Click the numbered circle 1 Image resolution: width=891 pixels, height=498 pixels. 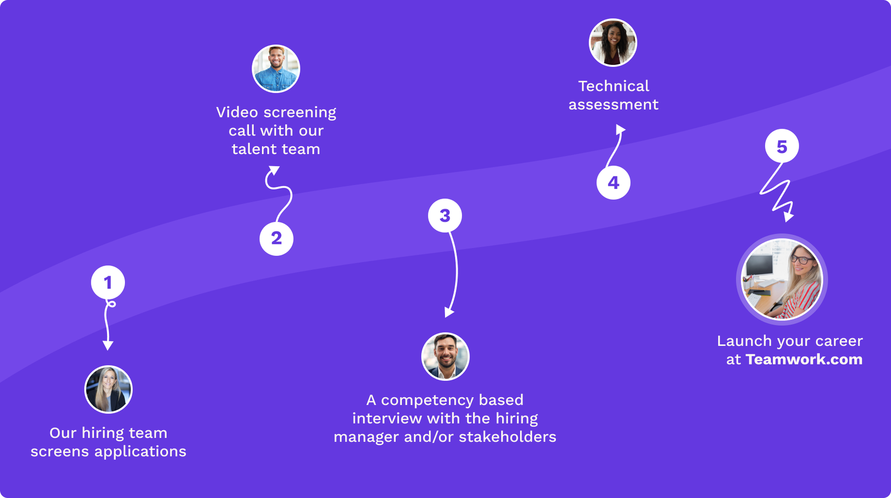pyautogui.click(x=108, y=283)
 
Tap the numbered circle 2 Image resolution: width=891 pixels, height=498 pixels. pyautogui.click(x=276, y=239)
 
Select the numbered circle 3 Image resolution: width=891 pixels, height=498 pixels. pyautogui.click(x=444, y=216)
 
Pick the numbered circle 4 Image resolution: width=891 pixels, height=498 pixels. pyautogui.click(x=613, y=183)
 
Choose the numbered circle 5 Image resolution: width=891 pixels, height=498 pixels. pyautogui.click(x=782, y=146)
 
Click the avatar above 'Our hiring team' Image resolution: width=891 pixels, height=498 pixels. pyautogui.click(x=108, y=390)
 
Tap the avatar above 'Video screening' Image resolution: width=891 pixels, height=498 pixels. pyautogui.click(x=276, y=69)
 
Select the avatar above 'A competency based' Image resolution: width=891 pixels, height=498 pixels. pyautogui.click(x=445, y=357)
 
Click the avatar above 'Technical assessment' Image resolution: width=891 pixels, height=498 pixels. pyautogui.click(x=613, y=43)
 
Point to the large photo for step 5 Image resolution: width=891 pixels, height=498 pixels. pyautogui.click(x=782, y=280)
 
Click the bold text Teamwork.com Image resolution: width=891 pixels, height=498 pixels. pyautogui.click(x=804, y=359)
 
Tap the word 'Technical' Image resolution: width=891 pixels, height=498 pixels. pyautogui.click(x=614, y=86)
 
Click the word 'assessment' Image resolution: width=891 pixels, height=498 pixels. pyautogui.click(x=614, y=105)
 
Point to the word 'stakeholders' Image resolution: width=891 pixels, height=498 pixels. pyautogui.click(x=507, y=437)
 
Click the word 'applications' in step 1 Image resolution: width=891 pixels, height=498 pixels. pyautogui.click(x=140, y=451)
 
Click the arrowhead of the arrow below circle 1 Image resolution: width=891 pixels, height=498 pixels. pyautogui.click(x=108, y=345)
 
